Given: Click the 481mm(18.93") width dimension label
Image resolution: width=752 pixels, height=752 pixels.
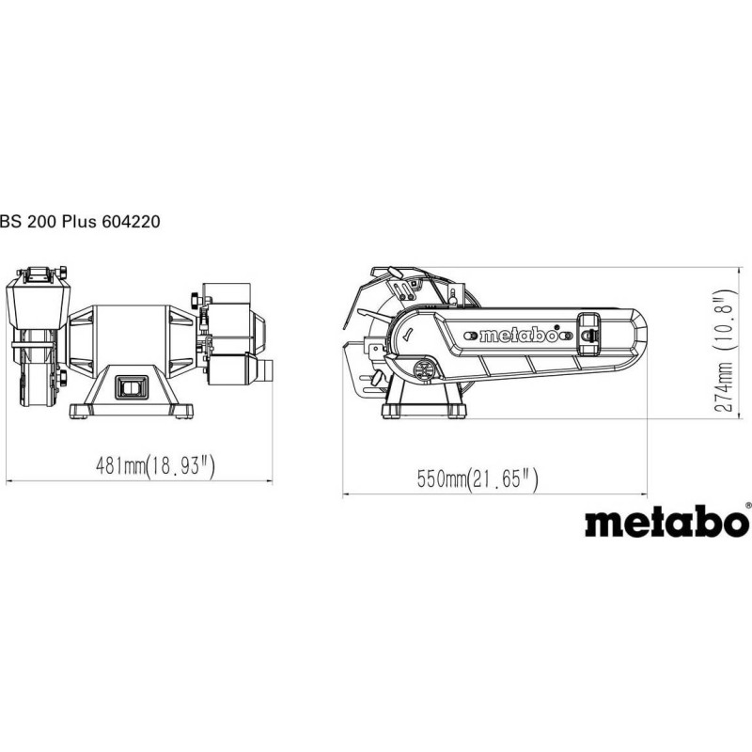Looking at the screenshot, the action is [155, 465].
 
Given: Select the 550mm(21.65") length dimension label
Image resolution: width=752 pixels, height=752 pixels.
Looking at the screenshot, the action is [478, 478].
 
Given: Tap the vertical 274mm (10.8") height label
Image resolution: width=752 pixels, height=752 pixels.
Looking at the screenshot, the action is [724, 351].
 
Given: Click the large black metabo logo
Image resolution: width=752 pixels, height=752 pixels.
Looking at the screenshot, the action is [666, 521].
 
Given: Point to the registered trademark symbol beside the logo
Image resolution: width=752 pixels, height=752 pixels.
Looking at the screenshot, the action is [748, 505].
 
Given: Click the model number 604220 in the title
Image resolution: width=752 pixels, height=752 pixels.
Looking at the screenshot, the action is [131, 222].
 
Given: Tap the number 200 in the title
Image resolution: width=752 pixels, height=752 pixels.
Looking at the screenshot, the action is [41, 222].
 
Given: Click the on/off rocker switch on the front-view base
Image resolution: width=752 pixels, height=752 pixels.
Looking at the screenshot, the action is [132, 386].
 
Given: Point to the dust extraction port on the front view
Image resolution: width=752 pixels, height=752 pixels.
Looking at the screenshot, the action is [265, 369].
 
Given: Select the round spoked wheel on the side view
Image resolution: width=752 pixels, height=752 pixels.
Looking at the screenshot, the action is [424, 369].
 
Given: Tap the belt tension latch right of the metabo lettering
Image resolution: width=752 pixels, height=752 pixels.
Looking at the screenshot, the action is [589, 334].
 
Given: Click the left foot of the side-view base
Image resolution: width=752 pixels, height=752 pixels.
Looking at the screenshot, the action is [390, 412].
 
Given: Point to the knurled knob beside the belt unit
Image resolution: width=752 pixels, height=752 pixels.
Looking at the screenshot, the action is [196, 299].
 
